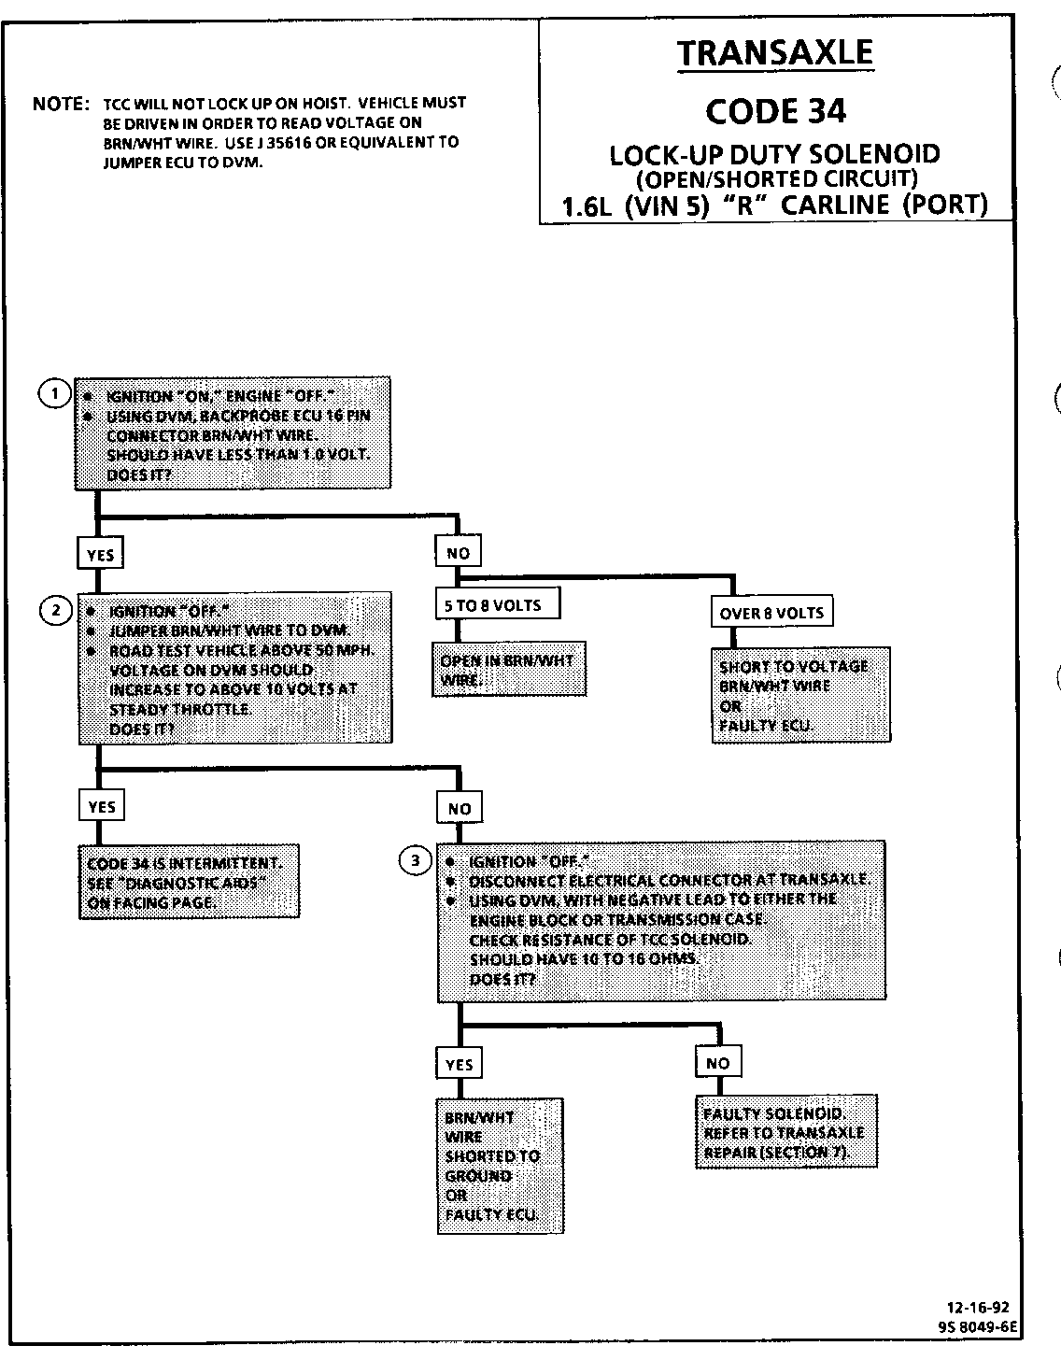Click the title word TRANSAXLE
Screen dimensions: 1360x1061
775,52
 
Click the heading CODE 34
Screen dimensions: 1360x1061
775,111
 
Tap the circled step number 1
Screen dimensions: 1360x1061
54,394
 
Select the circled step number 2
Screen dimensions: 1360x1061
55,610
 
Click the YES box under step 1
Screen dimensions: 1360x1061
100,555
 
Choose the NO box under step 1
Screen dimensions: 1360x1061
458,553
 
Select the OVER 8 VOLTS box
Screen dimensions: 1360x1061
771,613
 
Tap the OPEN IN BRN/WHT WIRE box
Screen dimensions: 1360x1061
508,670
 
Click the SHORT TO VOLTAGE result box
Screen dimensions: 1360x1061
800,695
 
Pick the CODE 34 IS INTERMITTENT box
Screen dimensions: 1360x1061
189,882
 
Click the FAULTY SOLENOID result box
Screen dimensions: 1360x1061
785,1131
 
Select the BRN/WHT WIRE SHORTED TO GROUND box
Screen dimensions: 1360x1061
501,1165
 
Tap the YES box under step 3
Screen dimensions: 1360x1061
460,1065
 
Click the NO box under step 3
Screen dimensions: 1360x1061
717,1063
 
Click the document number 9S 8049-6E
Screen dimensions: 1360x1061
977,1325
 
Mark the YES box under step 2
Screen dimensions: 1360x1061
101,806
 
